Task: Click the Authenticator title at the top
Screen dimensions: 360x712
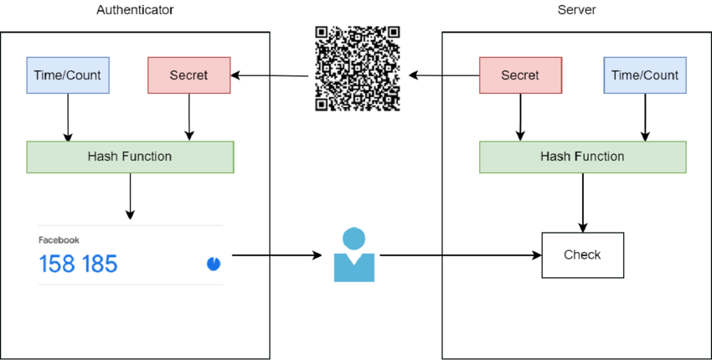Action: pyautogui.click(x=135, y=10)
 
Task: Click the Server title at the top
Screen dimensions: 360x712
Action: pyautogui.click(x=576, y=10)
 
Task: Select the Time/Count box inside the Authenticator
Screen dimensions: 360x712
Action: pyautogui.click(x=68, y=75)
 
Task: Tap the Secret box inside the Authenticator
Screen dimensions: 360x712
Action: pyautogui.click(x=188, y=75)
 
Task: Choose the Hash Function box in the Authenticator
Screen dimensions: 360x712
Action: pyautogui.click(x=130, y=157)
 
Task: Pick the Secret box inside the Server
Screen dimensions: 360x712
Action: pyautogui.click(x=520, y=75)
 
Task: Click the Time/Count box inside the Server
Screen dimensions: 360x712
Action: pyautogui.click(x=645, y=75)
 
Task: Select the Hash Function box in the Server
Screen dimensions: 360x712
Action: pyautogui.click(x=582, y=157)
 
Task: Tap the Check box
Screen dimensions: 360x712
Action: pyautogui.click(x=582, y=255)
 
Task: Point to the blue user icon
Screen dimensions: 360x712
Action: pyautogui.click(x=354, y=255)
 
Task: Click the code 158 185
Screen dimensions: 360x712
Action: pyautogui.click(x=79, y=265)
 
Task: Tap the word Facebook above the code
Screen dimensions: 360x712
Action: pyautogui.click(x=59, y=240)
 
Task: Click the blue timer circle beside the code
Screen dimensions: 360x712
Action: pyautogui.click(x=214, y=265)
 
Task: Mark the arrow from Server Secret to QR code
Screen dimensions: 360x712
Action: pyautogui.click(x=444, y=76)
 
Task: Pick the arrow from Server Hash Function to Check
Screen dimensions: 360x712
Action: pyautogui.click(x=582, y=202)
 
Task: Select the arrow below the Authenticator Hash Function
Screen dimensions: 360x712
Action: pyautogui.click(x=130, y=196)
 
